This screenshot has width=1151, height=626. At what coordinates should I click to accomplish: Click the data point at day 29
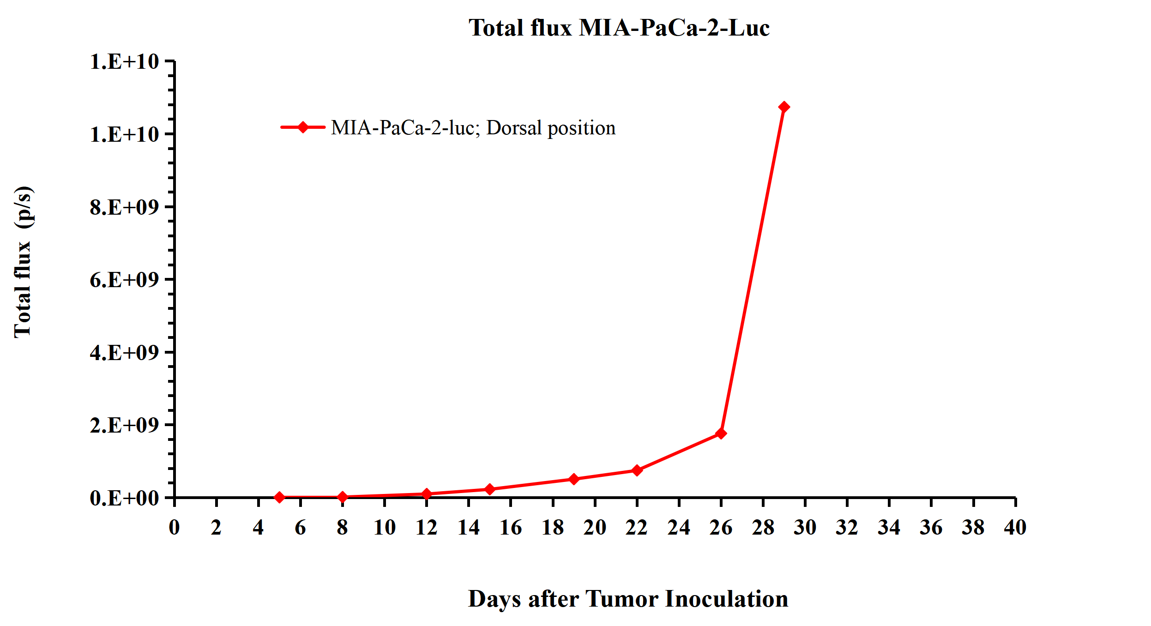[x=783, y=107]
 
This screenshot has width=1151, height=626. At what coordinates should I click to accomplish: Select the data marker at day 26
[x=721, y=433]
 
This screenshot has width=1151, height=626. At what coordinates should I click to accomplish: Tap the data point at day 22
[x=637, y=470]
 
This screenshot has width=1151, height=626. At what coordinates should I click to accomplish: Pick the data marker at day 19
[x=574, y=479]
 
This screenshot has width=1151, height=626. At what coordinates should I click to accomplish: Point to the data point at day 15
[x=490, y=489]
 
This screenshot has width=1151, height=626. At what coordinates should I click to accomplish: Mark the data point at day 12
[x=427, y=494]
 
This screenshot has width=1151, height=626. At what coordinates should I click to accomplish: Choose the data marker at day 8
[x=343, y=497]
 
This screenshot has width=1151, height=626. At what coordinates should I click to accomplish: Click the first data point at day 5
[x=279, y=497]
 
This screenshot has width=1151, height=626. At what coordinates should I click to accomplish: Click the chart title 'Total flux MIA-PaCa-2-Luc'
[x=619, y=28]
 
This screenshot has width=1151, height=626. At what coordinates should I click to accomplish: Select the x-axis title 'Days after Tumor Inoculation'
[x=628, y=599]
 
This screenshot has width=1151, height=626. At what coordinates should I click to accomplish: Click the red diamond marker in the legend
[x=303, y=127]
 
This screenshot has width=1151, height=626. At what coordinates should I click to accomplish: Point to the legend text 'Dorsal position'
[x=551, y=128]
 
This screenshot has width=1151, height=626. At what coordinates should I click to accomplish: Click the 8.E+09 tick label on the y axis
[x=124, y=207]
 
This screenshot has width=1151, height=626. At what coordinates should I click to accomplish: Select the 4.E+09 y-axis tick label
[x=124, y=353]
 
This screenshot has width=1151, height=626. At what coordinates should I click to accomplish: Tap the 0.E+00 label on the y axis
[x=124, y=498]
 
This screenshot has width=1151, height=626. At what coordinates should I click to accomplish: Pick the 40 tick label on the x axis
[x=1015, y=527]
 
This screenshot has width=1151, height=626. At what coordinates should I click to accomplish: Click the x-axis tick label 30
[x=805, y=527]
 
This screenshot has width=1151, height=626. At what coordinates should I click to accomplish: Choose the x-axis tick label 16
[x=511, y=527]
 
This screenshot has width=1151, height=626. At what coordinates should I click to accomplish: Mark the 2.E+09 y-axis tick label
[x=124, y=425]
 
